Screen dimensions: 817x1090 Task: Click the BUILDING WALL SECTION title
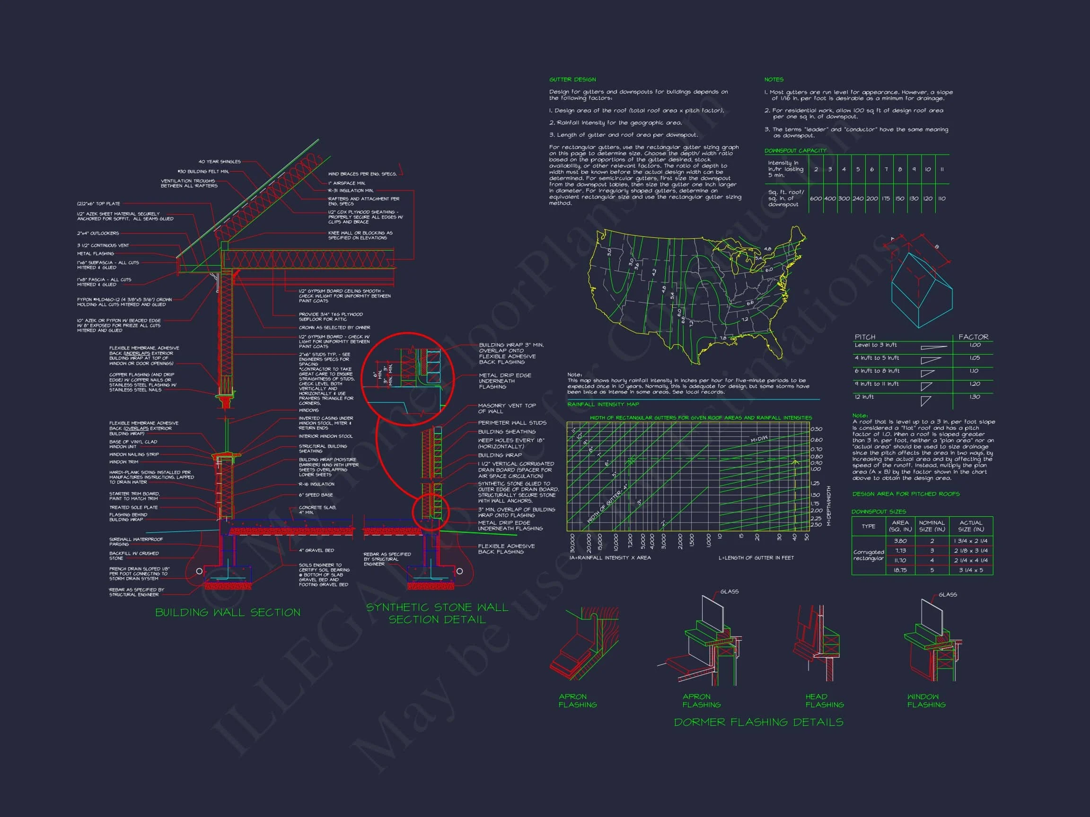coord(228,613)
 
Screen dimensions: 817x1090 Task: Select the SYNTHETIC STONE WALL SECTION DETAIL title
coord(437,614)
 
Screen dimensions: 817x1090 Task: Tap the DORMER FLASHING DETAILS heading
coord(758,722)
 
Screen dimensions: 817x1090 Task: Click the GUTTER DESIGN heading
coord(572,79)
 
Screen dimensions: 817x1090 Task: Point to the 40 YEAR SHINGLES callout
coord(220,162)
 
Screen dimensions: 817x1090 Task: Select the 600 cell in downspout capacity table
coord(816,199)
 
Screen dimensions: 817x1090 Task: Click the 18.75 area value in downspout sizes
coord(900,570)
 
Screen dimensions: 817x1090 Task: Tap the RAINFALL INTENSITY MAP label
coord(603,404)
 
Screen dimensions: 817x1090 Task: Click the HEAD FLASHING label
coord(825,701)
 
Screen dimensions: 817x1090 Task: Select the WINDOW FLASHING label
coord(926,701)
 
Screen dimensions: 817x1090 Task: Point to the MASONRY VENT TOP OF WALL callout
coord(507,408)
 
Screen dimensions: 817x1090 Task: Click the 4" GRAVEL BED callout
coord(316,550)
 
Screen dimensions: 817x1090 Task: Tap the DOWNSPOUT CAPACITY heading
coord(795,151)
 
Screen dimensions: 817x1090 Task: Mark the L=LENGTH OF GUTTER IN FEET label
coord(756,558)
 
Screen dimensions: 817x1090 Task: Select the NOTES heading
coord(774,79)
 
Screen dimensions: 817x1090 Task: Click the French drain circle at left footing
coord(199,571)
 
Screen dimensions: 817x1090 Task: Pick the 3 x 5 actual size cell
coord(971,570)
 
